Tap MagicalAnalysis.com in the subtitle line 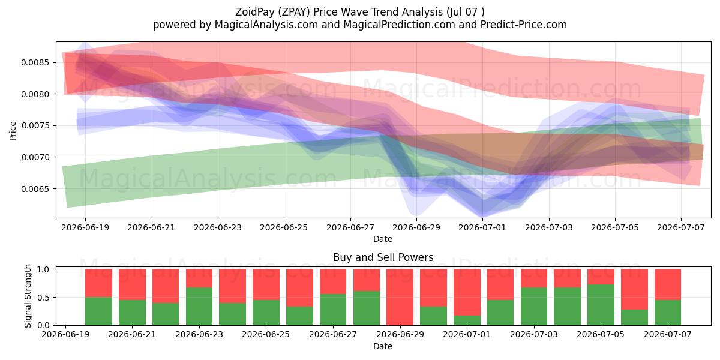pos(266,25)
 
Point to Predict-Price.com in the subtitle pos(524,25)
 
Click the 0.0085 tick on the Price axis pos(35,62)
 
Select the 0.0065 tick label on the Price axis pos(35,189)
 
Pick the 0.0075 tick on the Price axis pos(35,125)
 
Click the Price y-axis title pos(13,131)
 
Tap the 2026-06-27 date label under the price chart pos(350,227)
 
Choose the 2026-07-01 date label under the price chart pos(482,227)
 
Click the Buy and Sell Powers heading pos(383,257)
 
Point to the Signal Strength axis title pos(28,296)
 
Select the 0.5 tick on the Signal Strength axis pos(43,298)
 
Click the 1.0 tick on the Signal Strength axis pos(43,269)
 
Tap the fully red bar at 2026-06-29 pos(400,297)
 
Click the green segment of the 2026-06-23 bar pos(199,307)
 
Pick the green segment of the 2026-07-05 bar pos(601,305)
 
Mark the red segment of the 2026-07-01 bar pos(467,292)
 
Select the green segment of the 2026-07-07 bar pos(668,313)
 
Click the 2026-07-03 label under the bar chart pos(534,334)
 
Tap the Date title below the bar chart pos(383,346)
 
